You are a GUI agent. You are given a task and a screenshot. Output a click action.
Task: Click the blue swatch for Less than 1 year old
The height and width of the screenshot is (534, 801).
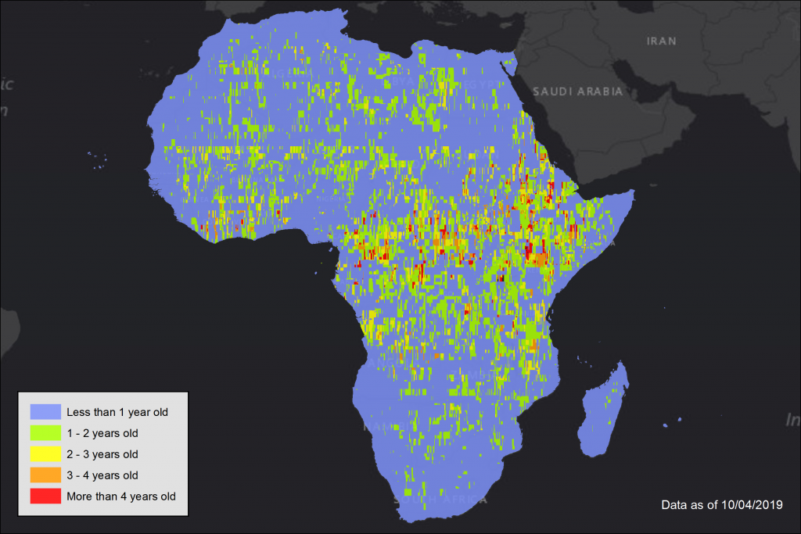coord(45,411)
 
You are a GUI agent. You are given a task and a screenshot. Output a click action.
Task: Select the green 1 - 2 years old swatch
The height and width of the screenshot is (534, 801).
coord(45,432)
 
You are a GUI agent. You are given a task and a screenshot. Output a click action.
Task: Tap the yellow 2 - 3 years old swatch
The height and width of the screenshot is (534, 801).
coord(45,453)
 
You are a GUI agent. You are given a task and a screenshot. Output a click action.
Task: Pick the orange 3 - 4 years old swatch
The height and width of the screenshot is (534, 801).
coord(45,475)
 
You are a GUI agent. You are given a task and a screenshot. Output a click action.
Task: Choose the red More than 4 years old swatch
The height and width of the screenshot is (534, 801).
coord(45,496)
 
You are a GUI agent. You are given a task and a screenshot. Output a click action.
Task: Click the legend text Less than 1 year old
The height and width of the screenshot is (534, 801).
coord(117,411)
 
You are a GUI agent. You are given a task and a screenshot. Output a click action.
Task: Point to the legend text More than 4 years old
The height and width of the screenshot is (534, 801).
coord(121,496)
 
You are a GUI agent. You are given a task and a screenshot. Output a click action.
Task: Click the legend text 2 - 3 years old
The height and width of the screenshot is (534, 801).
coord(102,453)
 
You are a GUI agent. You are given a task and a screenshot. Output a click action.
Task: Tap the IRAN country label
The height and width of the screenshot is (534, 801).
coord(661,41)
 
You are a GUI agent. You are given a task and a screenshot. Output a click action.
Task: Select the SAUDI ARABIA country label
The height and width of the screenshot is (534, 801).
coord(577,91)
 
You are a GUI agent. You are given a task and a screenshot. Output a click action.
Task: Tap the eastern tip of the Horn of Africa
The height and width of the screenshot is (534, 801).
coord(632,192)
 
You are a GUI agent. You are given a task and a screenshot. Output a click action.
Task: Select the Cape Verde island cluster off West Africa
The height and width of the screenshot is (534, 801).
coord(98,160)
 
